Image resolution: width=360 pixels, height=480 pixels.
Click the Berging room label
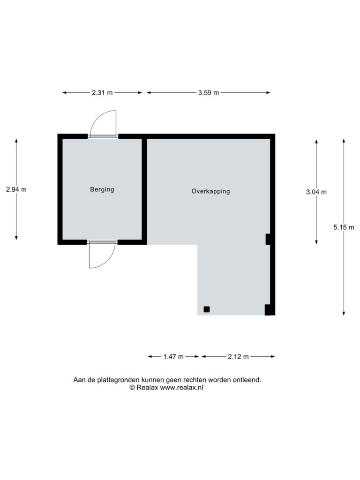102,189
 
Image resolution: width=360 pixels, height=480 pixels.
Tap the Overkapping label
210,191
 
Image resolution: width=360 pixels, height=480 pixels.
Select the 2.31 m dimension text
102,92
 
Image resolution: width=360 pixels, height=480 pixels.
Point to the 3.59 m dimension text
209,92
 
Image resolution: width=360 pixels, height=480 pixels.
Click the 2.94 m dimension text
16,189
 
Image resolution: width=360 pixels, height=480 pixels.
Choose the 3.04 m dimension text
316,192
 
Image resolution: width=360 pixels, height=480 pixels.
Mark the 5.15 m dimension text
344,227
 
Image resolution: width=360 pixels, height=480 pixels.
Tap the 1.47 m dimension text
173,357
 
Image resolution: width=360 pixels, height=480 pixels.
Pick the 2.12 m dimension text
238,357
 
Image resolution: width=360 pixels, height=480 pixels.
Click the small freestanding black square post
207,309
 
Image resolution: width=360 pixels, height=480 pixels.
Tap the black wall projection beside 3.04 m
268,240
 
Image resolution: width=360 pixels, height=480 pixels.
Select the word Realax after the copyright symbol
147,388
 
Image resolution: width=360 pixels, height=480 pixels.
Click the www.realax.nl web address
181,388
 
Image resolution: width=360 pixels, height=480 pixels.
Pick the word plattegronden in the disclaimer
118,380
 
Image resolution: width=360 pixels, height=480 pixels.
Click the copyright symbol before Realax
132,388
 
